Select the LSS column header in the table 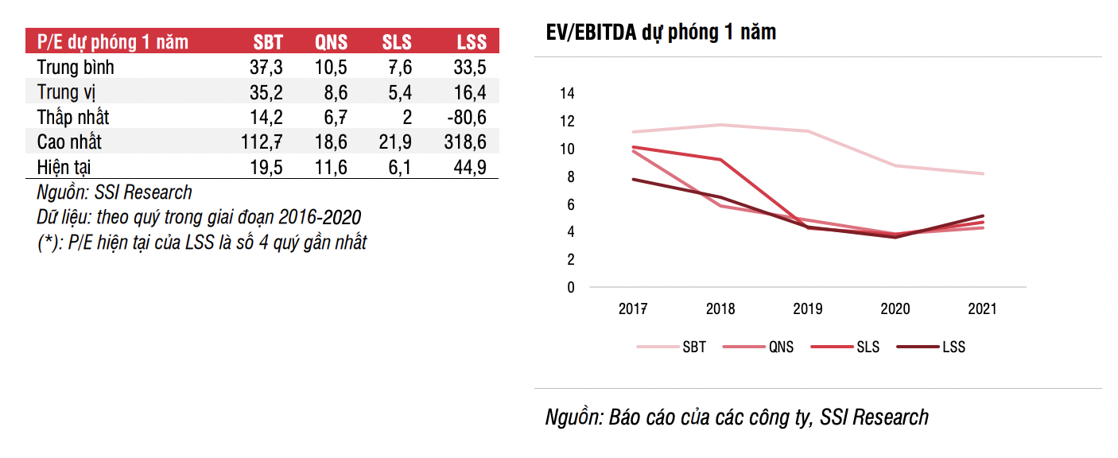point(472,42)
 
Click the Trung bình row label point(76,68)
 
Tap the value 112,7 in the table point(262,142)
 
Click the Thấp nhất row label point(73,118)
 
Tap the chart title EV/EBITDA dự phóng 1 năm point(661,33)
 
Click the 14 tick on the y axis point(566,94)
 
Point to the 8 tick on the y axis point(569,177)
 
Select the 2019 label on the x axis point(808,309)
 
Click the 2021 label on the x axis point(981,309)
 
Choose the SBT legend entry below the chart point(693,347)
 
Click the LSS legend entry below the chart point(953,347)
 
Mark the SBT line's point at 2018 point(720,125)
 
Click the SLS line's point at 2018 point(720,160)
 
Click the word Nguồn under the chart point(571,417)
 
